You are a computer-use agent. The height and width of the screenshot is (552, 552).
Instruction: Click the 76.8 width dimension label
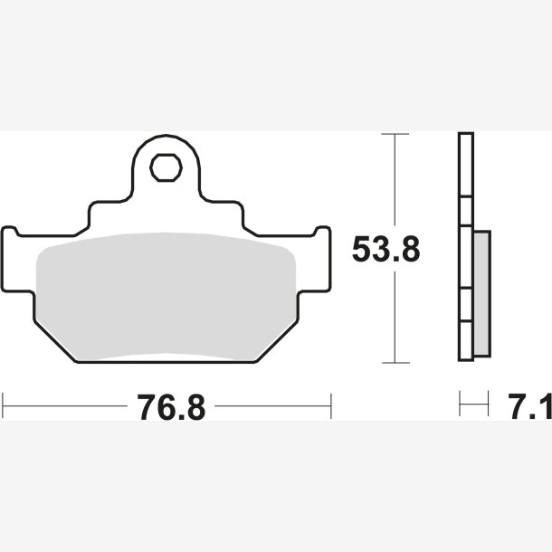tap(171, 407)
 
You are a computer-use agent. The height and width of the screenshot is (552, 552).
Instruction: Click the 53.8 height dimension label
tap(386, 249)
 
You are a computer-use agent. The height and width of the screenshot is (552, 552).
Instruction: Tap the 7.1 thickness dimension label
tap(529, 406)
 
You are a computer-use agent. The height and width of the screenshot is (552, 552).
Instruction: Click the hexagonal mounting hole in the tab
tap(166, 168)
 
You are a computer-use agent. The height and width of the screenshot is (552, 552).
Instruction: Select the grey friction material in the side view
tap(482, 293)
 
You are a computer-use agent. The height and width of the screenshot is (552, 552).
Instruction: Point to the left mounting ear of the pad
tap(18, 260)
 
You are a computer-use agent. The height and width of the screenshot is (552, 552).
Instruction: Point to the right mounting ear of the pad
tap(314, 260)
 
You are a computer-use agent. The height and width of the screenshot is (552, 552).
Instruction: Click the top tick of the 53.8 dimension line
tap(395, 134)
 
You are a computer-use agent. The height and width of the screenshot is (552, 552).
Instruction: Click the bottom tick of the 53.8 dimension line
tap(395, 363)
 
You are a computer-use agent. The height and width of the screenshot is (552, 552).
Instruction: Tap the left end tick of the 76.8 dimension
tap(3, 406)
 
